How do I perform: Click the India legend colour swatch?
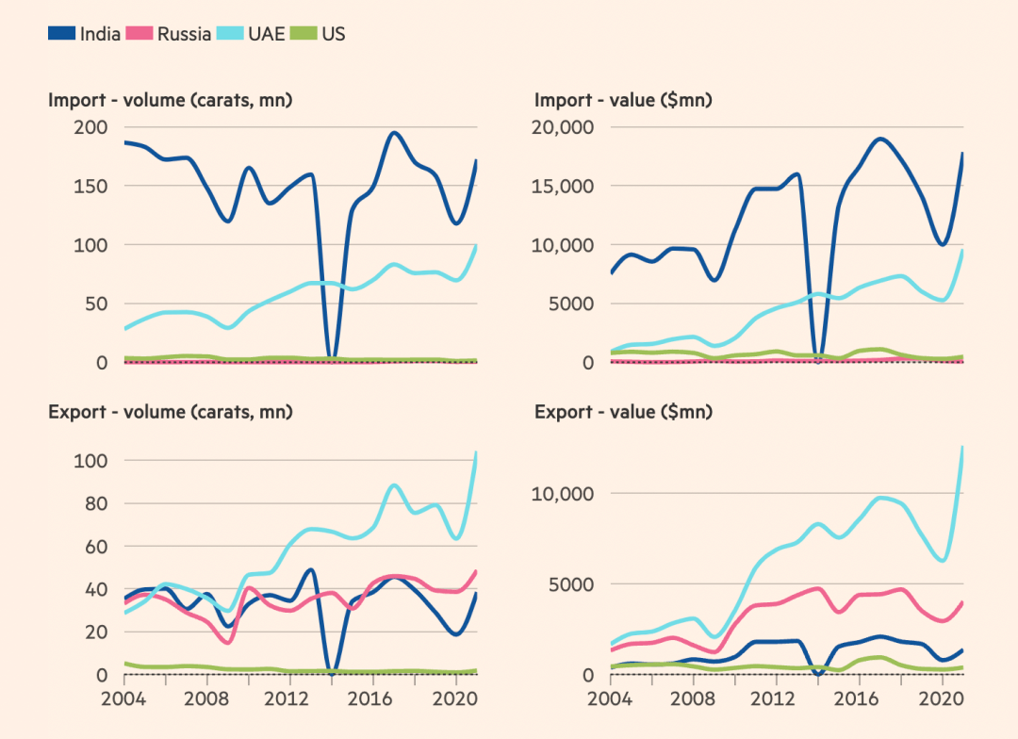[62, 34]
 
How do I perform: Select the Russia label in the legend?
[184, 34]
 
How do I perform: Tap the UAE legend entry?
[267, 34]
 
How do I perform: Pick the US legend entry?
[333, 34]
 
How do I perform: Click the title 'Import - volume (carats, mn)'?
[171, 100]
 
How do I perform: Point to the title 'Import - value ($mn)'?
[623, 100]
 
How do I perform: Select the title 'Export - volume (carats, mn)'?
[171, 412]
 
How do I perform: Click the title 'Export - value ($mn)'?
[623, 412]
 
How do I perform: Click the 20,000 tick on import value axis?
[566, 127]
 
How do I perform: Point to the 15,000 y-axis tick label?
[566, 186]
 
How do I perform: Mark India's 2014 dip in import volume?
[330, 358]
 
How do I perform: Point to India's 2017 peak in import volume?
[394, 133]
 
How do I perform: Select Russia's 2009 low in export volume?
[228, 642]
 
